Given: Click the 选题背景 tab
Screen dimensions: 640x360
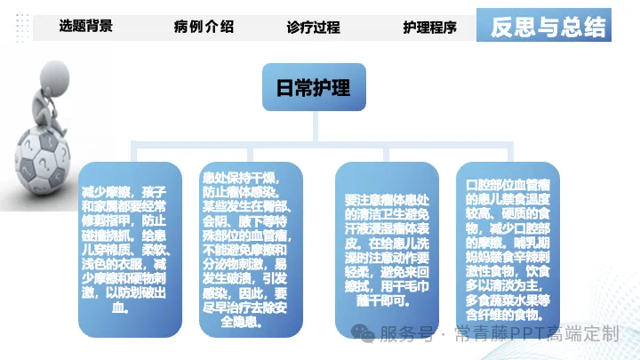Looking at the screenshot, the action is coord(85,27).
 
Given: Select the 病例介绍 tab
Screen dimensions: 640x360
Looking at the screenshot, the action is coord(204,27).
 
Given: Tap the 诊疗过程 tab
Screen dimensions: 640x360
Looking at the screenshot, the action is coord(313,27).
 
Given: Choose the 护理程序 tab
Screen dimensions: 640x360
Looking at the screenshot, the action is coord(429,27).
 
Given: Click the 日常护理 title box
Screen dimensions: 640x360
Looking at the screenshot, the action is coord(315,87).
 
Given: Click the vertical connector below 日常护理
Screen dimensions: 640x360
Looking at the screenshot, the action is coord(315,126).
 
